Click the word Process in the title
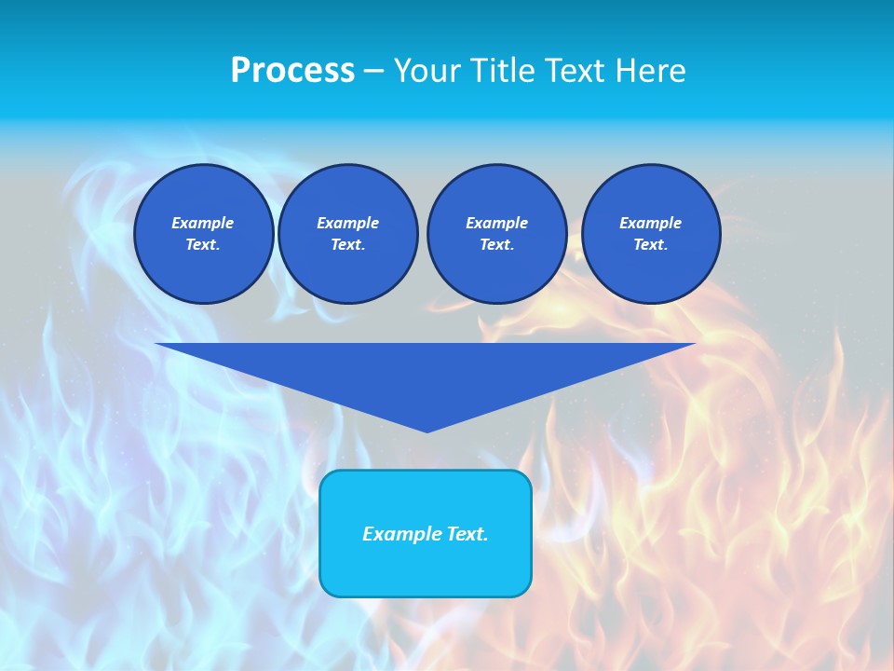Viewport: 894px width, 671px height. (x=292, y=71)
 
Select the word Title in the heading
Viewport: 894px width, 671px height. (x=504, y=71)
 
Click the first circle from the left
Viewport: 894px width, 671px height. (x=203, y=234)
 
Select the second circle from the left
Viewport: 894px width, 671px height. (x=347, y=234)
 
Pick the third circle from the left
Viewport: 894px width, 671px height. (x=496, y=234)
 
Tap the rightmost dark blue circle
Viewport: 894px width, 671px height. (x=651, y=234)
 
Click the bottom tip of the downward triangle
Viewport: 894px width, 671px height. (x=427, y=431)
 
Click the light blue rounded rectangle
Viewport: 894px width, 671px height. (x=426, y=568)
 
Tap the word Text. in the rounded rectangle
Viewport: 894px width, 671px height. (x=467, y=534)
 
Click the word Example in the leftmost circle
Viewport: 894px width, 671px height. (x=203, y=223)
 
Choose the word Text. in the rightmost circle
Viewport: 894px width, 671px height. (x=651, y=245)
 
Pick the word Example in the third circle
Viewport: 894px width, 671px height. (x=496, y=223)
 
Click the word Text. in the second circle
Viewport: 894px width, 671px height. (x=347, y=245)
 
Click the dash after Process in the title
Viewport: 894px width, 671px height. (x=373, y=71)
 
